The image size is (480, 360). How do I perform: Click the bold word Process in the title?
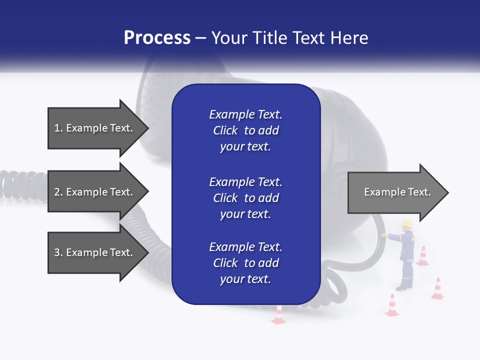coord(157,38)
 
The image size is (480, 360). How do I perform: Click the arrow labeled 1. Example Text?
coord(95,128)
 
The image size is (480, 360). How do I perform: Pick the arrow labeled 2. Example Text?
coord(95,192)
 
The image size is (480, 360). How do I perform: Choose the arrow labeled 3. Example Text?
coord(95,252)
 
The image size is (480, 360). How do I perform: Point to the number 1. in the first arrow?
coord(58,128)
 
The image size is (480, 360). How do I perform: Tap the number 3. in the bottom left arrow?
coord(58,252)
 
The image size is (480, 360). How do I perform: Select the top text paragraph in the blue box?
coord(245,130)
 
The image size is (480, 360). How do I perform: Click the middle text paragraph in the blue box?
coord(245,197)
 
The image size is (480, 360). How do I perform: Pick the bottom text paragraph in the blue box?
coord(245,263)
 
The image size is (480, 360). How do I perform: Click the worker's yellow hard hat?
coord(406,223)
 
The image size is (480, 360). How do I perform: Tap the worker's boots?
coord(403,287)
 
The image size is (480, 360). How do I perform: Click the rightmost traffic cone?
coord(437,289)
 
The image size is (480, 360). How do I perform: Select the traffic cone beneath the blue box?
coord(278,315)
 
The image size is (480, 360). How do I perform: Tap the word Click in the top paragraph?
coord(225,130)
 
